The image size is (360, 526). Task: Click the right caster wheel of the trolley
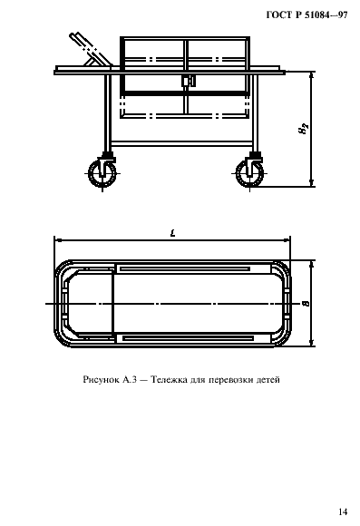(x=248, y=172)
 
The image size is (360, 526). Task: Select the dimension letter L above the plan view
(x=172, y=234)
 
